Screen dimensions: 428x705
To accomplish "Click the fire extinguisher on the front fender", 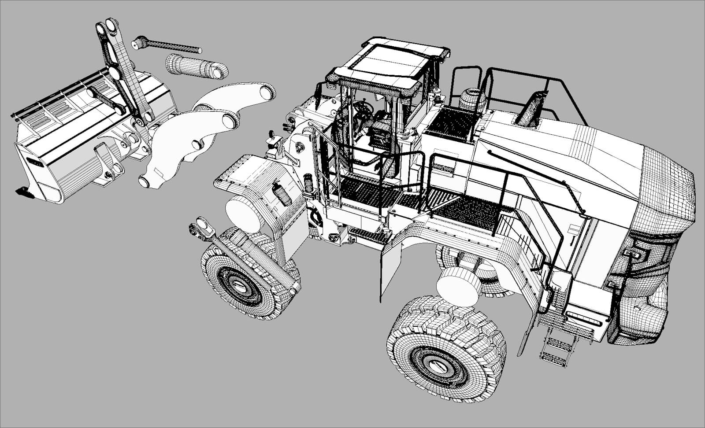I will point(282,194).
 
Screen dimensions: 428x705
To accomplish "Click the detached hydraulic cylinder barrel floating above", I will point(196,66).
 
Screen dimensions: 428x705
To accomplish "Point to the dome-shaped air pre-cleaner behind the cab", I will point(472,100).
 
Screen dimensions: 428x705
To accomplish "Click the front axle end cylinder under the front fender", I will point(245,214).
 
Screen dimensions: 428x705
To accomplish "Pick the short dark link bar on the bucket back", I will point(106,100).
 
